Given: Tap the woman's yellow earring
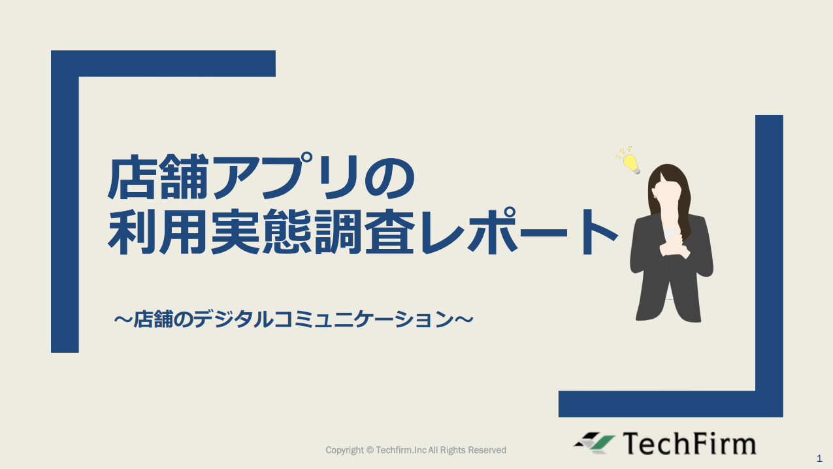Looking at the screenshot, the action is (x=655, y=196).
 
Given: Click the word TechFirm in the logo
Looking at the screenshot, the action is (x=690, y=444).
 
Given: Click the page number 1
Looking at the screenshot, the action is (x=819, y=458).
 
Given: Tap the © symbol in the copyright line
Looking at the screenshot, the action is (x=370, y=450).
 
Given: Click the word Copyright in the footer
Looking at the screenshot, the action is (x=345, y=451).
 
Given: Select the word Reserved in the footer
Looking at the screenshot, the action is (x=487, y=450).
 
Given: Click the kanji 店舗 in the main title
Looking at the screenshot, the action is (x=157, y=177).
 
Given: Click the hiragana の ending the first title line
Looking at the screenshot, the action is (x=390, y=178).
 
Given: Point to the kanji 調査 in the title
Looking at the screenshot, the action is (x=365, y=231).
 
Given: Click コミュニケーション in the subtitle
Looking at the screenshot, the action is (x=364, y=319).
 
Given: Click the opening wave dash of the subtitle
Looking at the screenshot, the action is (x=123, y=319).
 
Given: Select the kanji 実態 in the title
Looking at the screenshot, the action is (x=261, y=231).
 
